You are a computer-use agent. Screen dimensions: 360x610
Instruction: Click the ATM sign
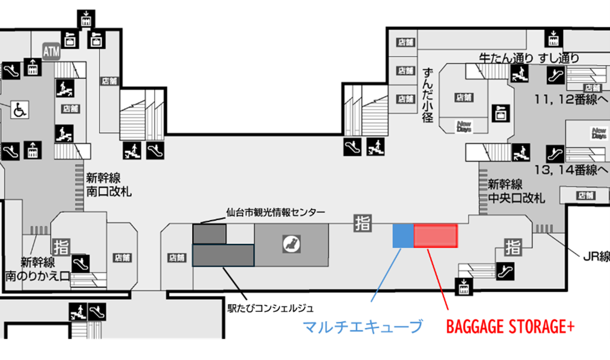click(52, 52)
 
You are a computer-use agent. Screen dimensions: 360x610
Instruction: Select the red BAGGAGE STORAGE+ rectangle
click(436, 236)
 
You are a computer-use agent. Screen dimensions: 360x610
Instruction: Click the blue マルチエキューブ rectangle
click(403, 236)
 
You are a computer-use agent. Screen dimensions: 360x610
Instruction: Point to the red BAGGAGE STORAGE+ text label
click(510, 327)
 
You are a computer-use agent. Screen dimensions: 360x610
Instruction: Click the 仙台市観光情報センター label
click(276, 212)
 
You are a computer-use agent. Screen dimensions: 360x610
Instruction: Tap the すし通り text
click(559, 58)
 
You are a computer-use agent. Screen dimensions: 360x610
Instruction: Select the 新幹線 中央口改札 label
click(516, 191)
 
